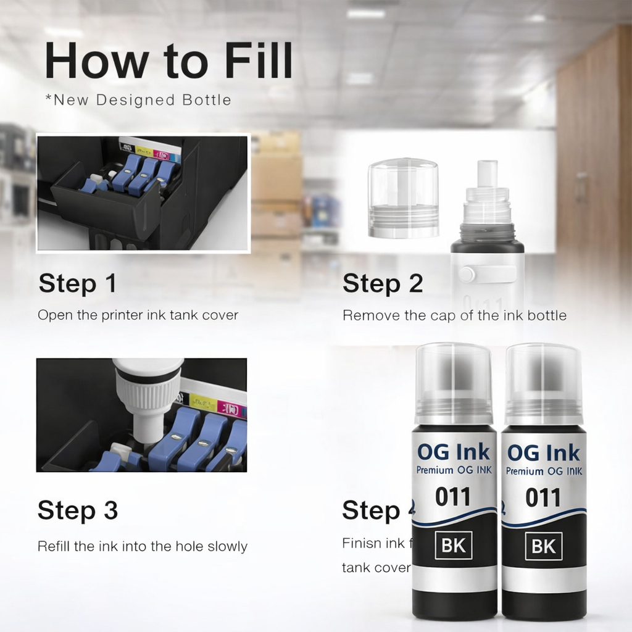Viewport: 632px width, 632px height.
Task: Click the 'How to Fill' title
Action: point(168,60)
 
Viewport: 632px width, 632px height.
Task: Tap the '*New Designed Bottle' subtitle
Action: point(138,100)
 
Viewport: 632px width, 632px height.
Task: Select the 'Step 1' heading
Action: point(77,283)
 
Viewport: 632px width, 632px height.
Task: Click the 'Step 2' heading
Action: point(383,283)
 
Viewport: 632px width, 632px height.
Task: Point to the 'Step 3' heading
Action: point(77,511)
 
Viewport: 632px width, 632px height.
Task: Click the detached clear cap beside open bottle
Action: point(403,197)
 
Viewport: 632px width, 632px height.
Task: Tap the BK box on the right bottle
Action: point(543,546)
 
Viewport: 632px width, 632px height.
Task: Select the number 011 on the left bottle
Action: point(452,497)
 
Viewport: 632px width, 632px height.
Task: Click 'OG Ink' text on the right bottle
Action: point(543,452)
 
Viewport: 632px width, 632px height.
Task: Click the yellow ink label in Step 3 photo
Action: point(202,403)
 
